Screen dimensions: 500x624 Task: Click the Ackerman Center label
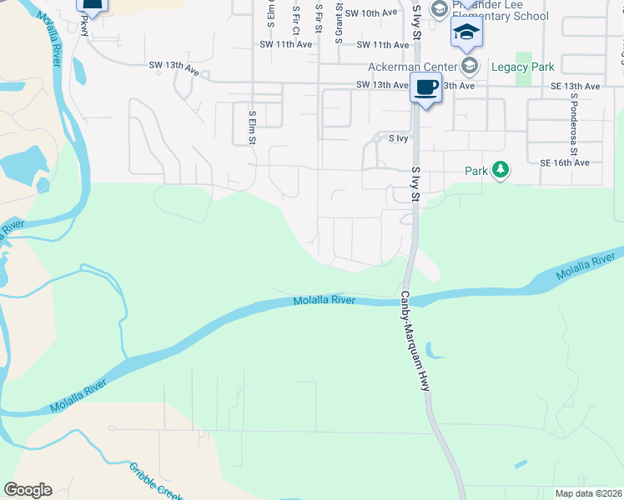pyautogui.click(x=414, y=67)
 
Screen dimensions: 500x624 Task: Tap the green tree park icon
pyautogui.click(x=500, y=171)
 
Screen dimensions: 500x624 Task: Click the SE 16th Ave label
pyautogui.click(x=565, y=163)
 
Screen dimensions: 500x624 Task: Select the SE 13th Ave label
pyautogui.click(x=575, y=86)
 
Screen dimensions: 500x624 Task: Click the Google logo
pyautogui.click(x=28, y=490)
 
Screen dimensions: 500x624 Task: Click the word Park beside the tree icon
pyautogui.click(x=476, y=171)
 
